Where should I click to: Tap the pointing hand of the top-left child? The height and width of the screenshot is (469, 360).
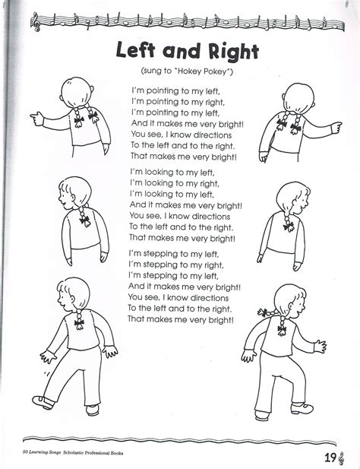tap(36, 116)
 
